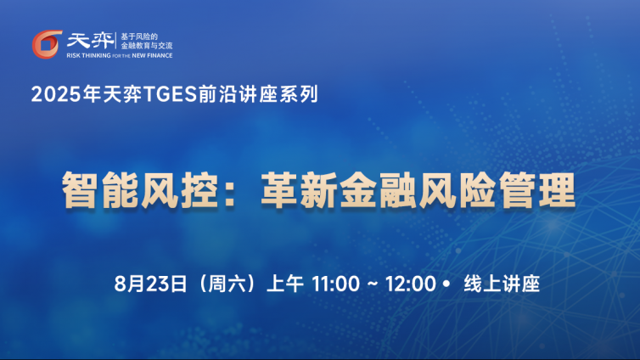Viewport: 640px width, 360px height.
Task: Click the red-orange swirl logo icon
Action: click(47, 44)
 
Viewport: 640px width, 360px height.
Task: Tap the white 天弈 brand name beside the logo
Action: click(91, 41)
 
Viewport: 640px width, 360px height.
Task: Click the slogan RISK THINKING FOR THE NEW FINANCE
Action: click(120, 55)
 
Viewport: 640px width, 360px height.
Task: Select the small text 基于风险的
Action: click(139, 37)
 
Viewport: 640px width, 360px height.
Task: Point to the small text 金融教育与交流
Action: click(147, 45)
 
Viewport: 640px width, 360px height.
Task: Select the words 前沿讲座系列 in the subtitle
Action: click(258, 94)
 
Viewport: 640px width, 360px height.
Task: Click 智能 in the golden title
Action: click(100, 190)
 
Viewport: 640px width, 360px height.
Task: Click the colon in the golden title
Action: click(230, 191)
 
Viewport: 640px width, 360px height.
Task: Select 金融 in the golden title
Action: click(379, 190)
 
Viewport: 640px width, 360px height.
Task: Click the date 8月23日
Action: click(150, 284)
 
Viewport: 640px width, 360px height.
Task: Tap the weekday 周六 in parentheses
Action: click(227, 284)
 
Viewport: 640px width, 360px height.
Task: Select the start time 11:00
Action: click(336, 284)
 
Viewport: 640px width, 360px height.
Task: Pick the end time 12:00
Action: click(411, 284)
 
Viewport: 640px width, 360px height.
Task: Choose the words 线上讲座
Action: click(502, 284)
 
